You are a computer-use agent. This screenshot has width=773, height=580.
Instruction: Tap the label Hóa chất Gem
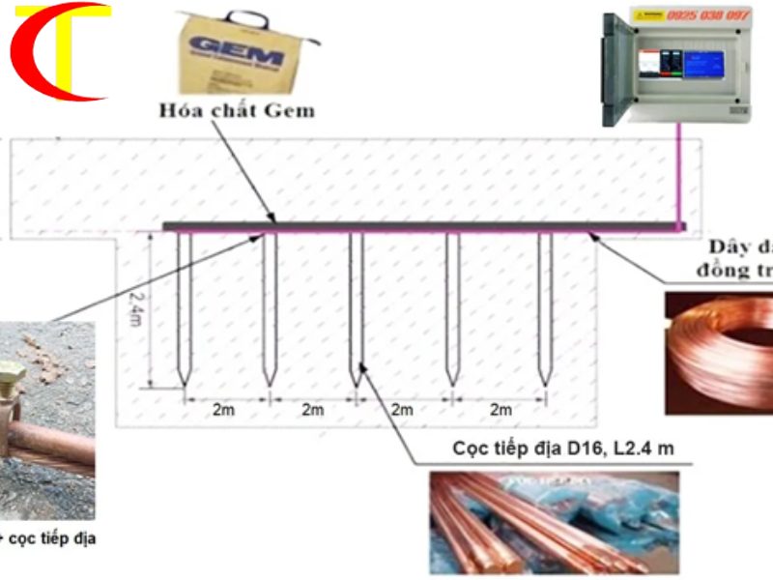tap(237, 110)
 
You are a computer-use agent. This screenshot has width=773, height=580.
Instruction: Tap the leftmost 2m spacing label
tap(223, 410)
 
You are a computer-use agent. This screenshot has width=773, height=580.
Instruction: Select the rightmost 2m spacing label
tap(500, 410)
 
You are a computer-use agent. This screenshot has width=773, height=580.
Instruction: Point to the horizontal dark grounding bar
tap(415, 226)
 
